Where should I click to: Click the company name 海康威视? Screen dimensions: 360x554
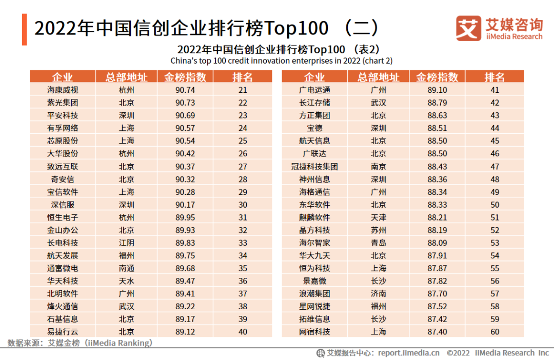[x=63, y=90]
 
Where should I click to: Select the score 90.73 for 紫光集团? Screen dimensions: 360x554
[x=185, y=103]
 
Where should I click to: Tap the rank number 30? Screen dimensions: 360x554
[x=243, y=204]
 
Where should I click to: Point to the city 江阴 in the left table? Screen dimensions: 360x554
[x=126, y=243]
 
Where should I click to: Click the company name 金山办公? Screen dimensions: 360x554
[x=63, y=230]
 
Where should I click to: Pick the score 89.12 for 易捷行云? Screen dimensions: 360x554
[x=185, y=332]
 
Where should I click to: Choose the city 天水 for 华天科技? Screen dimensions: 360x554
[x=126, y=281]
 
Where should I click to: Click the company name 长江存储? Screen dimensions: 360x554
[x=314, y=103]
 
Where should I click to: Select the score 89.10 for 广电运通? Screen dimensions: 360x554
[x=437, y=90]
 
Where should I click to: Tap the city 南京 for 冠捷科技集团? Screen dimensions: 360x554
[x=379, y=166]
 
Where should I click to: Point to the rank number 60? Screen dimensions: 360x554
[x=494, y=332]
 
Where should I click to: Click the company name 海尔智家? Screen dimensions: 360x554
[x=314, y=243]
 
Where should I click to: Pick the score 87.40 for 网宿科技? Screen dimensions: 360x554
[x=437, y=332]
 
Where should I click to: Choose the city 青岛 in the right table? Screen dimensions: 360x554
[x=379, y=243]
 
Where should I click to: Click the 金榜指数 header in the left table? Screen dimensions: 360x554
[x=185, y=77]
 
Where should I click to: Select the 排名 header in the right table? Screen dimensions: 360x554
[x=494, y=77]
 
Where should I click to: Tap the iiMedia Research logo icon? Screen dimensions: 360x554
[x=468, y=28]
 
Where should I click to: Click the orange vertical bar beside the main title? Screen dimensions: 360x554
[x=24, y=29]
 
